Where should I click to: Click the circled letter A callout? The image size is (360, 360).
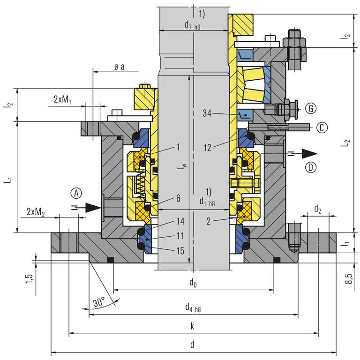pos(77,193)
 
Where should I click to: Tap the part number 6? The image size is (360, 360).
pos(179,199)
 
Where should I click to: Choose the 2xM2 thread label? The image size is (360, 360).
pos(36,212)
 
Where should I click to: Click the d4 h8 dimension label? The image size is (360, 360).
pos(193,307)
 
